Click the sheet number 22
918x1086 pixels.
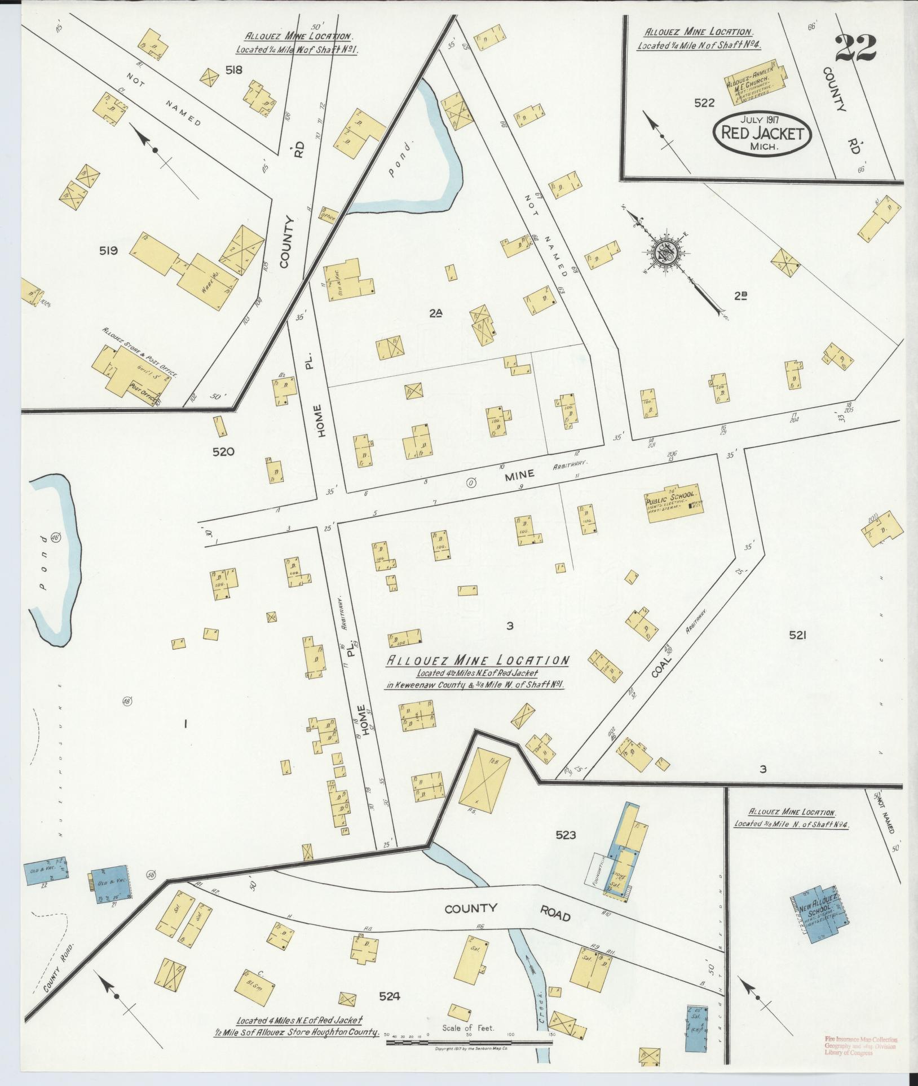tap(855, 49)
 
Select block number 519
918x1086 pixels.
tap(108, 251)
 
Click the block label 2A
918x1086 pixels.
tap(435, 314)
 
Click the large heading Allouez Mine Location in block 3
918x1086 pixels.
tap(476, 661)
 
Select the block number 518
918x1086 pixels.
tap(233, 70)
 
